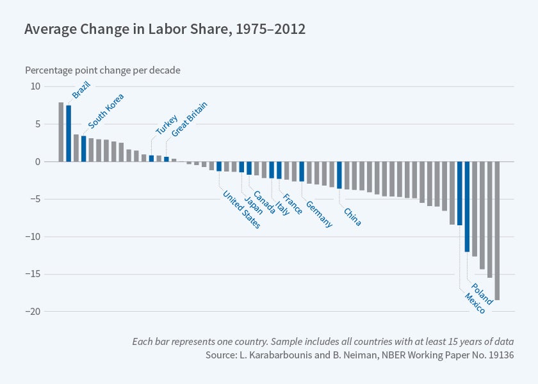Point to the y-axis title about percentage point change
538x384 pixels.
102,70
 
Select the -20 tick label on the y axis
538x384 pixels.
33,312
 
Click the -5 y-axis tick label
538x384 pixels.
35,199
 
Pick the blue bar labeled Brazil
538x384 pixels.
69,133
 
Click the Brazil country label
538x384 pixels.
81,89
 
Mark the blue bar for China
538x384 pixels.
339,175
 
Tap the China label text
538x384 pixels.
352,217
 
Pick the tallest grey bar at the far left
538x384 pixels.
61,132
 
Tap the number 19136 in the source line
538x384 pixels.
496,354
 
